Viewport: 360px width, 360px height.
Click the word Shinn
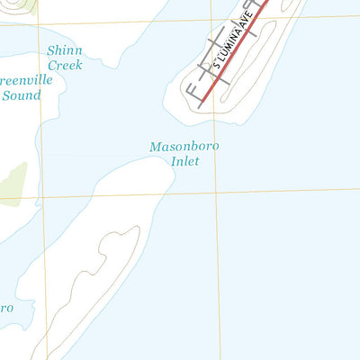64,50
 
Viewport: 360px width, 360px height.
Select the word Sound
22,94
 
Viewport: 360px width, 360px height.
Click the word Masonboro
184,146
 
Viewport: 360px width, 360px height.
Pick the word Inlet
184,161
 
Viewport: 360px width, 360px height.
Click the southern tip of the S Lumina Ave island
191,112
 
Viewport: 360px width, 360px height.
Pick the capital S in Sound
5,94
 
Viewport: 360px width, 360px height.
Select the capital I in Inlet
174,161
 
